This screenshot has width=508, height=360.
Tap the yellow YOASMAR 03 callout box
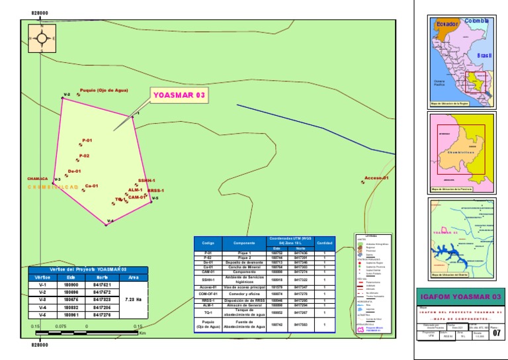click(x=179, y=95)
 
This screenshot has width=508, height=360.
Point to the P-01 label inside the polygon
click(x=87, y=140)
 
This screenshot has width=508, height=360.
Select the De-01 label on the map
click(x=74, y=171)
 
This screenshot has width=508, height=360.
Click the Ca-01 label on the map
click(x=91, y=186)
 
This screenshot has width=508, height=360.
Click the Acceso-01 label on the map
click(x=376, y=178)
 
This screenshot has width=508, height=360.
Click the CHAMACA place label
click(x=38, y=179)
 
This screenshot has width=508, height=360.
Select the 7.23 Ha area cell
click(x=133, y=299)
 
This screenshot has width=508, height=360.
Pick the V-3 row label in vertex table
click(x=42, y=299)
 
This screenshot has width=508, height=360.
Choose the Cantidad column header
click(x=325, y=243)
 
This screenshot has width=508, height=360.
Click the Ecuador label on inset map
click(x=446, y=24)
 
